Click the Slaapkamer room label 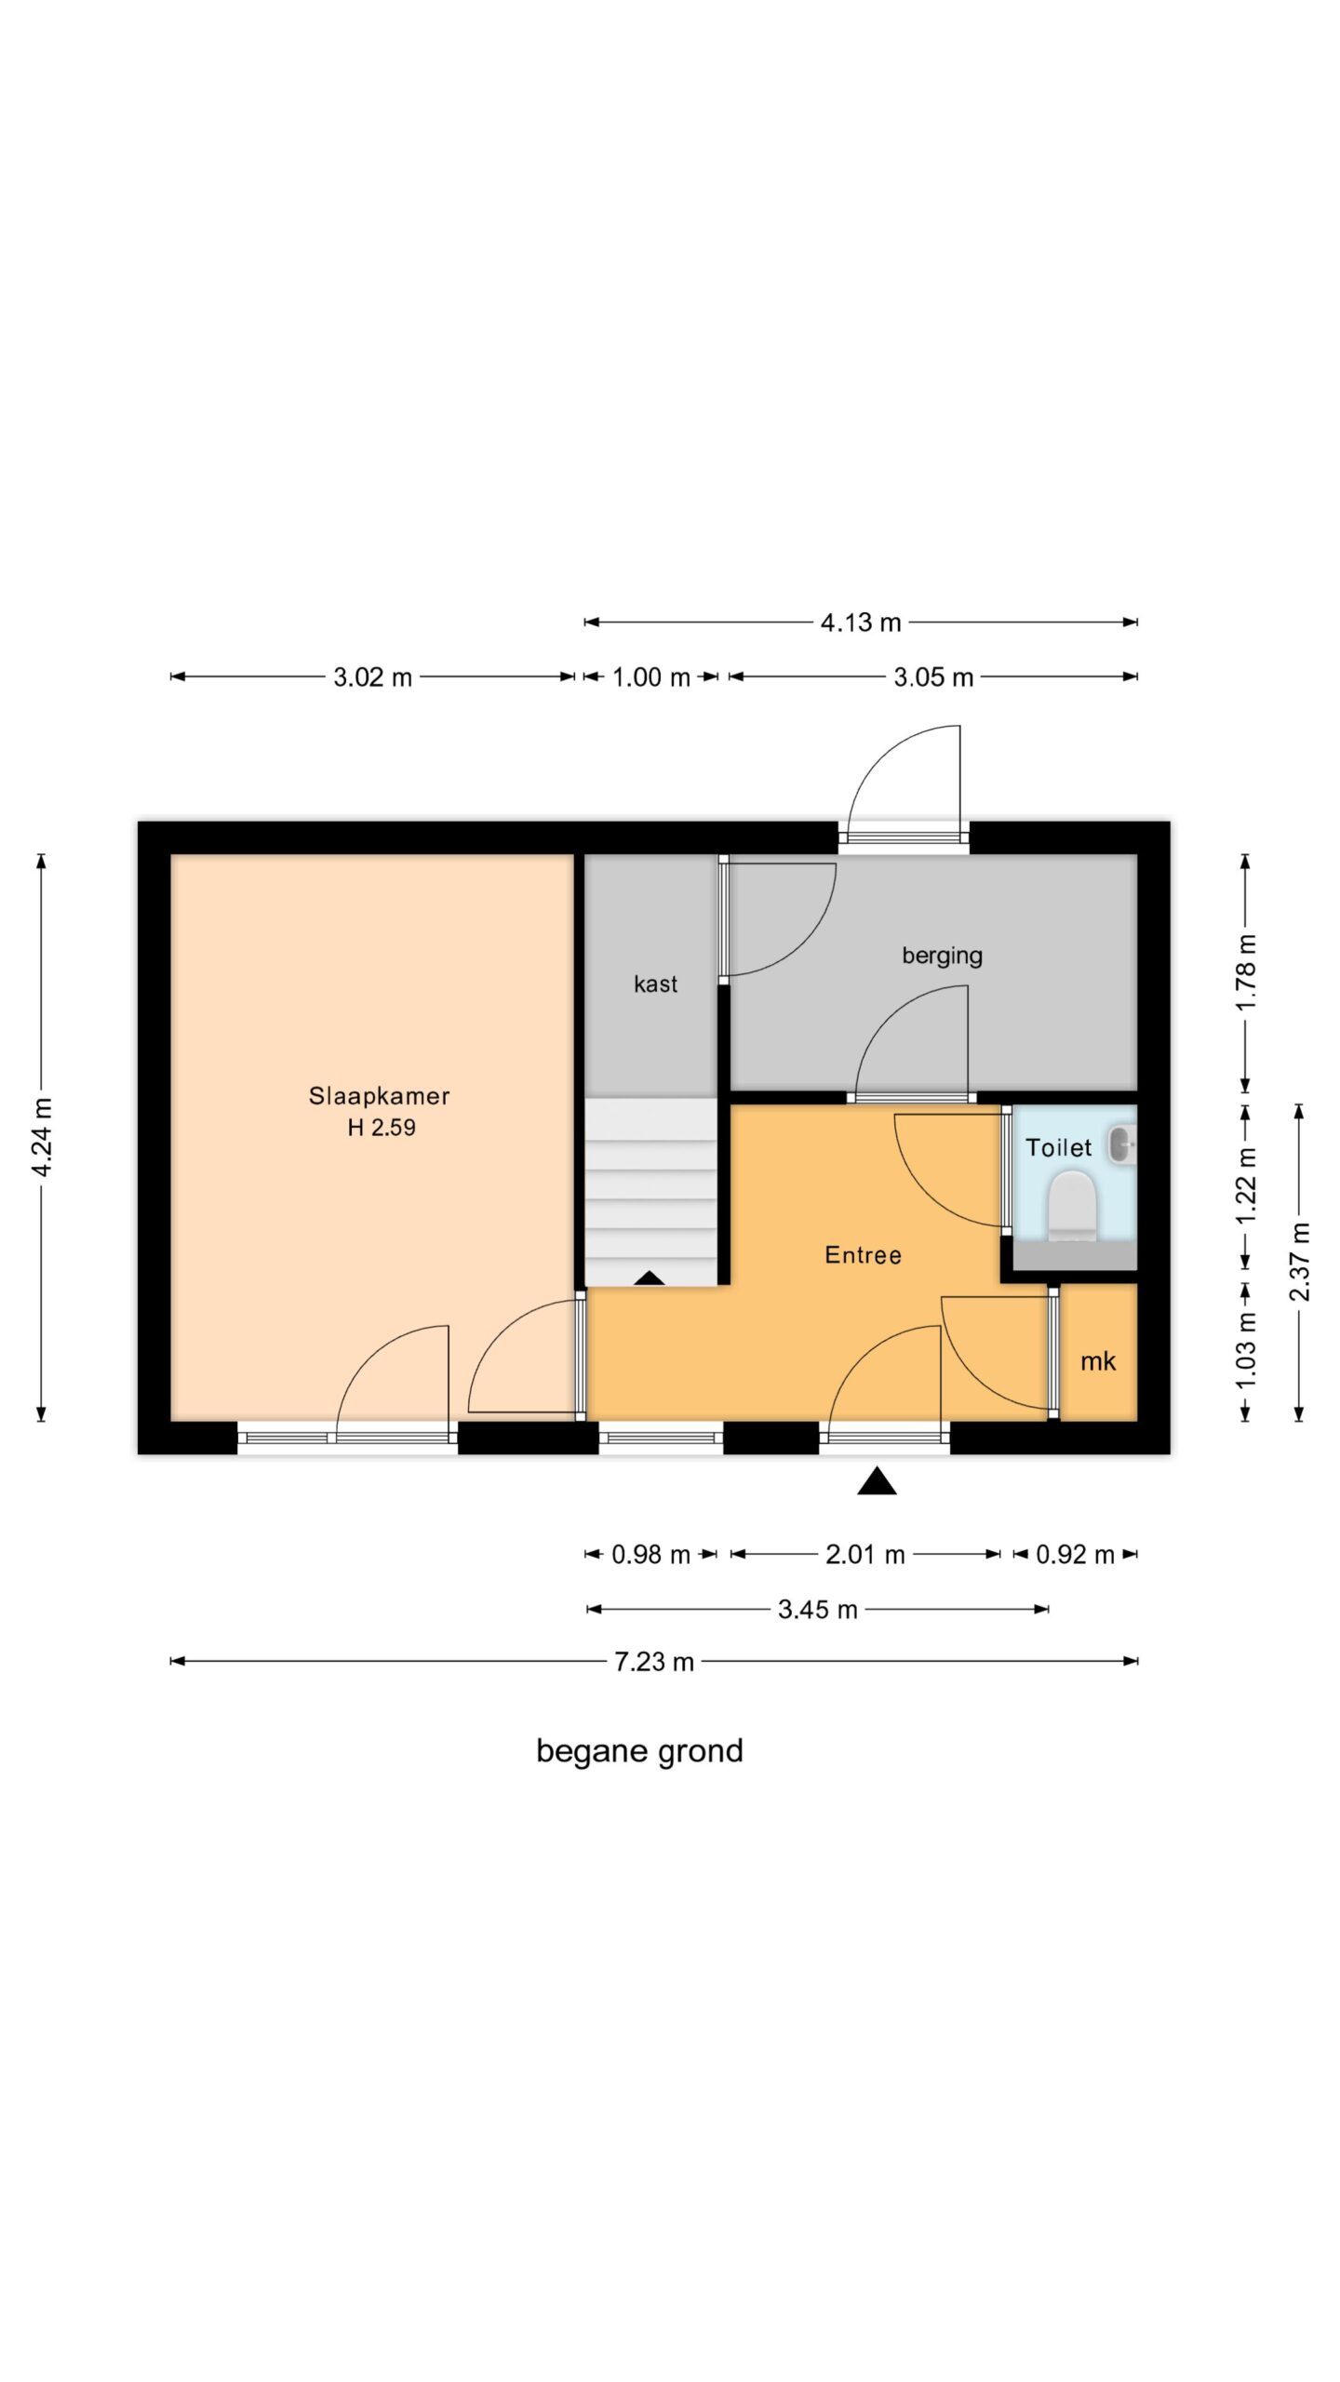(379, 1096)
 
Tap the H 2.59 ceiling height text (382, 1128)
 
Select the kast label (655, 984)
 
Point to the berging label (942, 956)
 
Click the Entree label (863, 1255)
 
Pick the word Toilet (1058, 1147)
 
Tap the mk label (1098, 1361)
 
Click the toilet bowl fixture (1072, 1205)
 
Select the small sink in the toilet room (1122, 1144)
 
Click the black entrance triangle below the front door (877, 1480)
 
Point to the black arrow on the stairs (650, 1278)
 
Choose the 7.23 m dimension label (654, 1662)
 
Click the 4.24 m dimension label (42, 1137)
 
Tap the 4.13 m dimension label (861, 622)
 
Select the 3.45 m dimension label (818, 1610)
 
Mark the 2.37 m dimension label (1300, 1262)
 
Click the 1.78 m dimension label (1246, 972)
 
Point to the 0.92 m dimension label (1075, 1555)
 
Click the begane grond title (640, 1752)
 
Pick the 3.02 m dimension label (372, 677)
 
